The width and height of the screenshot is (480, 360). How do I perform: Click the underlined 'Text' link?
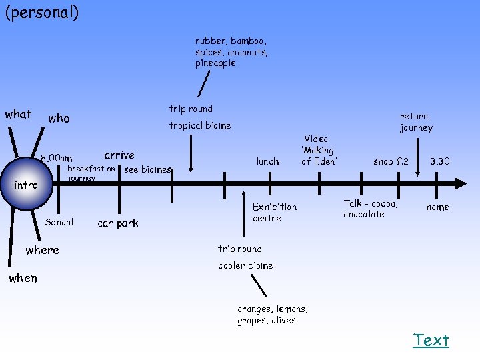(431, 340)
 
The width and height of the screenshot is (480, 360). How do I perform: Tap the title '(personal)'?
(41, 13)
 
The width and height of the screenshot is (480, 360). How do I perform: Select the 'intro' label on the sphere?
(26, 185)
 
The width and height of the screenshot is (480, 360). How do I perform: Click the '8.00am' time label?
(56, 159)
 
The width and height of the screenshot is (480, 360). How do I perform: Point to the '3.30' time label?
(439, 161)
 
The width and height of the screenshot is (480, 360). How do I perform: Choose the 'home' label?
(437, 207)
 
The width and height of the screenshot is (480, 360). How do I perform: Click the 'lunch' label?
(268, 161)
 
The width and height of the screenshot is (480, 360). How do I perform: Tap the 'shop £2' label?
(391, 161)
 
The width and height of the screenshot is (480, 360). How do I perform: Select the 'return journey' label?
(416, 122)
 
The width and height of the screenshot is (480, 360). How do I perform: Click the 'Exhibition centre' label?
(275, 212)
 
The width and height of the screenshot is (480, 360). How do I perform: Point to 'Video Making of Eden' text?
(319, 150)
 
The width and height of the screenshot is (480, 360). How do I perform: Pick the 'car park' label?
(118, 223)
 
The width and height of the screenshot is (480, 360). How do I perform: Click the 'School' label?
(59, 222)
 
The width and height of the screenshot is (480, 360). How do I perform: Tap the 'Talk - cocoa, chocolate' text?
(371, 209)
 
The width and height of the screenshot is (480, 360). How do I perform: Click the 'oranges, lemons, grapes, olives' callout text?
(273, 315)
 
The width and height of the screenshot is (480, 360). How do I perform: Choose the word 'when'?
(23, 278)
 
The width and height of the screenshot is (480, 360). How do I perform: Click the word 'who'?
(59, 118)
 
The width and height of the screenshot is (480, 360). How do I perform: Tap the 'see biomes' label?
(148, 169)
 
